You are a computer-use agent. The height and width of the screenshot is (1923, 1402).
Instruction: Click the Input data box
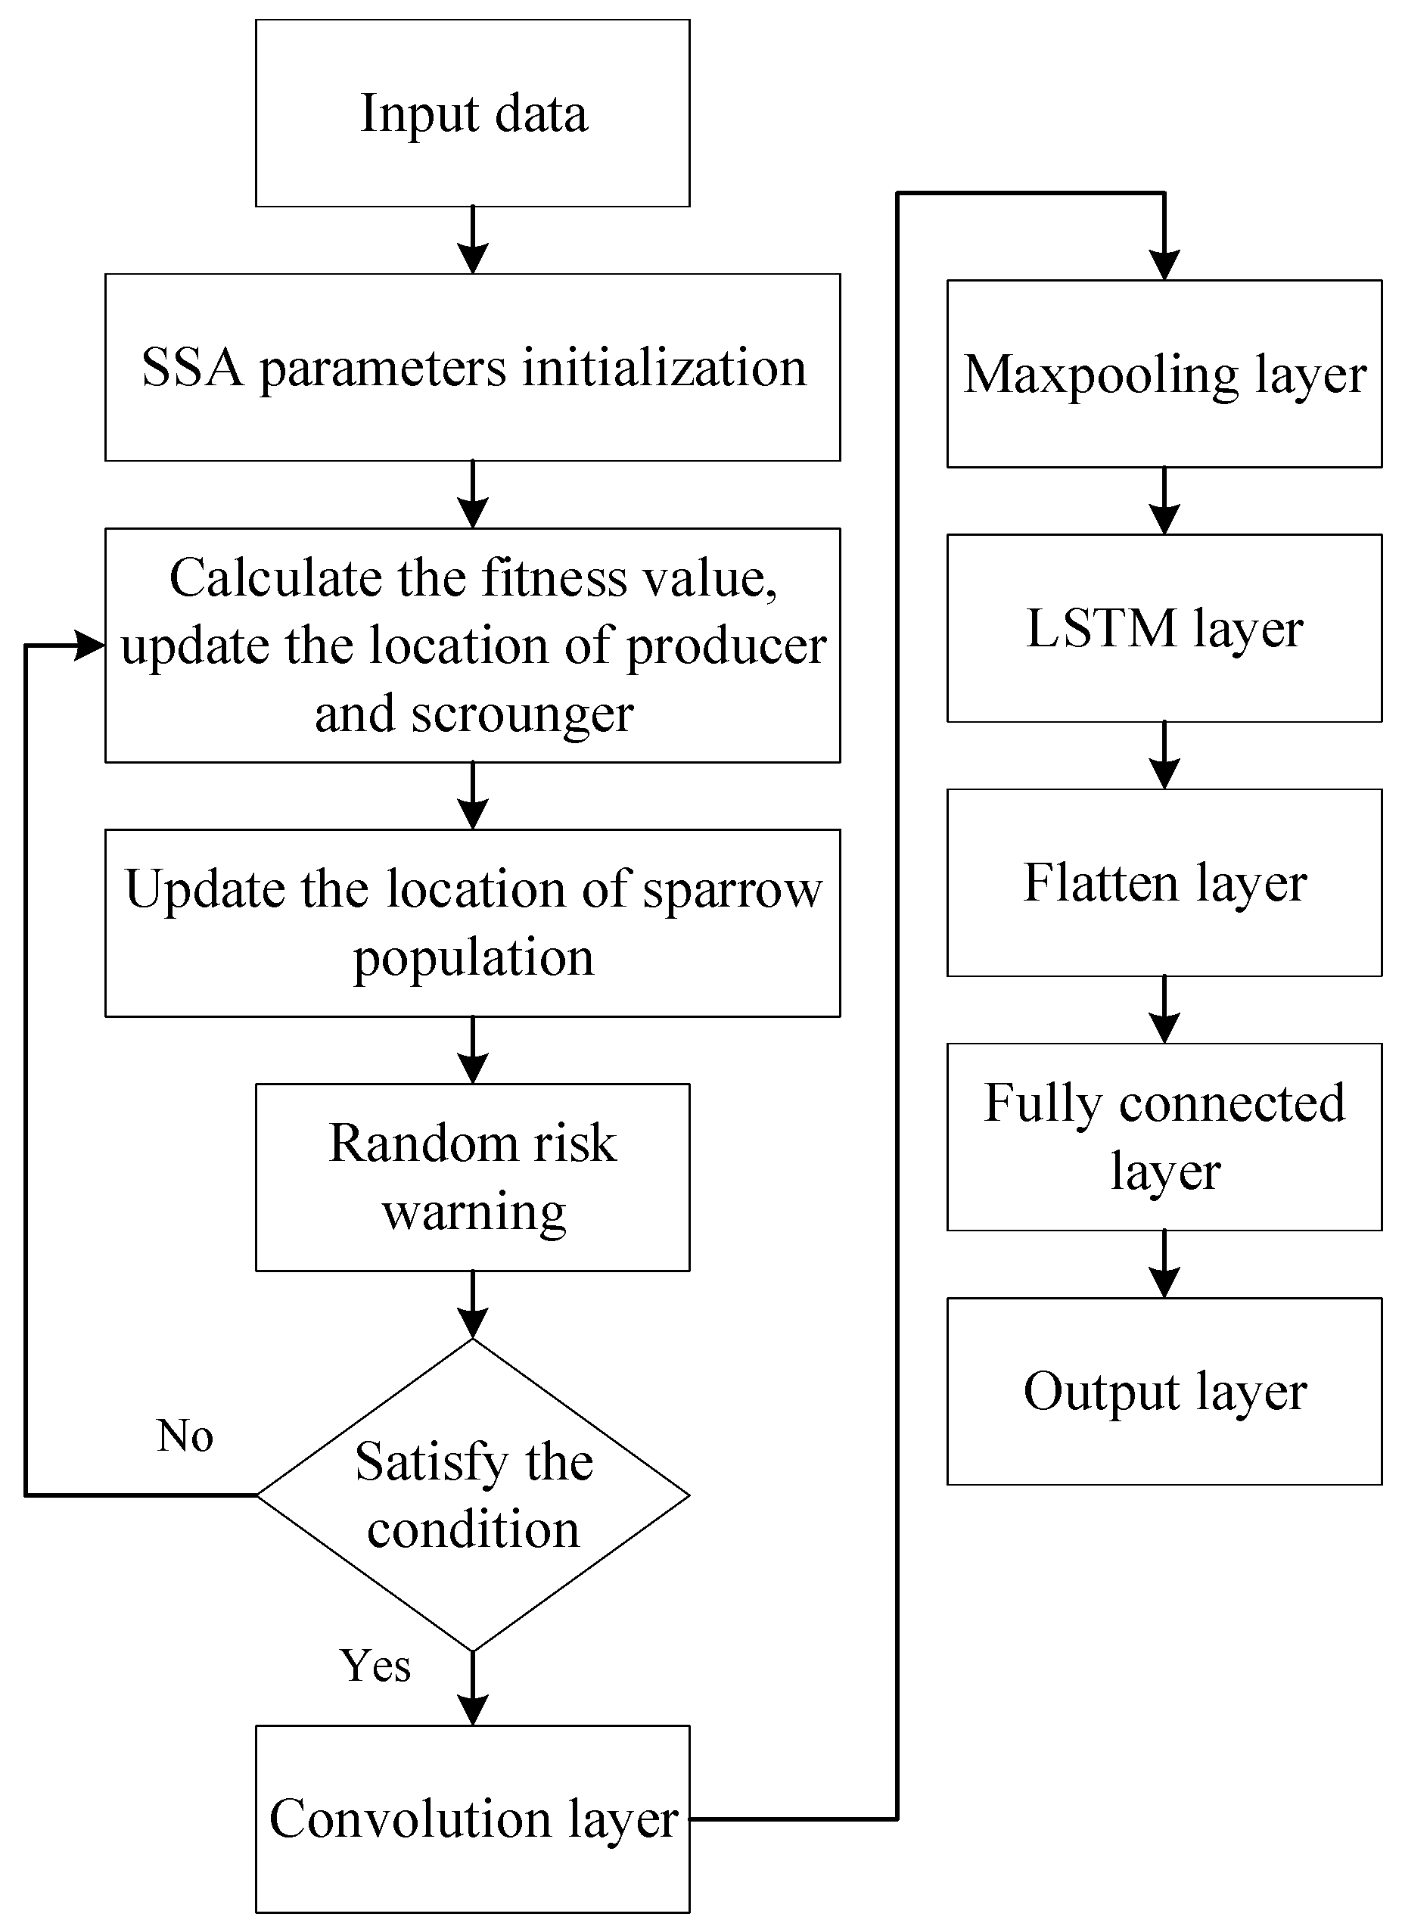tap(473, 113)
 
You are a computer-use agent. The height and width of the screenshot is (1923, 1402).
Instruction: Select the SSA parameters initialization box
tap(473, 368)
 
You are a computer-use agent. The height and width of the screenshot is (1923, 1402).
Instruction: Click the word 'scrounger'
tap(522, 714)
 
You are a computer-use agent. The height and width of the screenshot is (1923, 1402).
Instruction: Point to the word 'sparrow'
tap(732, 890)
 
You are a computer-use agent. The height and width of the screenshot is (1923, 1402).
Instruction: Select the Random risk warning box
tap(473, 1177)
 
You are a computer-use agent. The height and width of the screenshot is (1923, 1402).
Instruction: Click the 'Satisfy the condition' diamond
tap(473, 1495)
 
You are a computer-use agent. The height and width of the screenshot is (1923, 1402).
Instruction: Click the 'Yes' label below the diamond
tap(375, 1666)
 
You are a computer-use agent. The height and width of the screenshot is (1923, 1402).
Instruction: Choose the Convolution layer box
tap(473, 1819)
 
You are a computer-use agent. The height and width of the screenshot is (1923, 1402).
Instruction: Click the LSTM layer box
tap(1164, 629)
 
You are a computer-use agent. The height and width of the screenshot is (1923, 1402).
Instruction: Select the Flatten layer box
tap(1164, 883)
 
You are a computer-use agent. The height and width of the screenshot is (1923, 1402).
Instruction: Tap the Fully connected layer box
tap(1164, 1137)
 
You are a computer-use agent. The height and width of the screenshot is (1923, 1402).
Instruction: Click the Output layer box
tap(1164, 1392)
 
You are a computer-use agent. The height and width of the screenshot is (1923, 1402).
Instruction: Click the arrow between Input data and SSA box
tap(473, 240)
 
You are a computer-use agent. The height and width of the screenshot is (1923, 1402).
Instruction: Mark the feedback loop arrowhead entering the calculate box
tap(90, 646)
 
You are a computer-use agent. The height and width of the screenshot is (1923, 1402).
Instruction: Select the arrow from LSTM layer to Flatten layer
tap(1164, 756)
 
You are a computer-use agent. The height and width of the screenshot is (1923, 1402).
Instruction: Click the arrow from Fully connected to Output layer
tap(1164, 1265)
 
